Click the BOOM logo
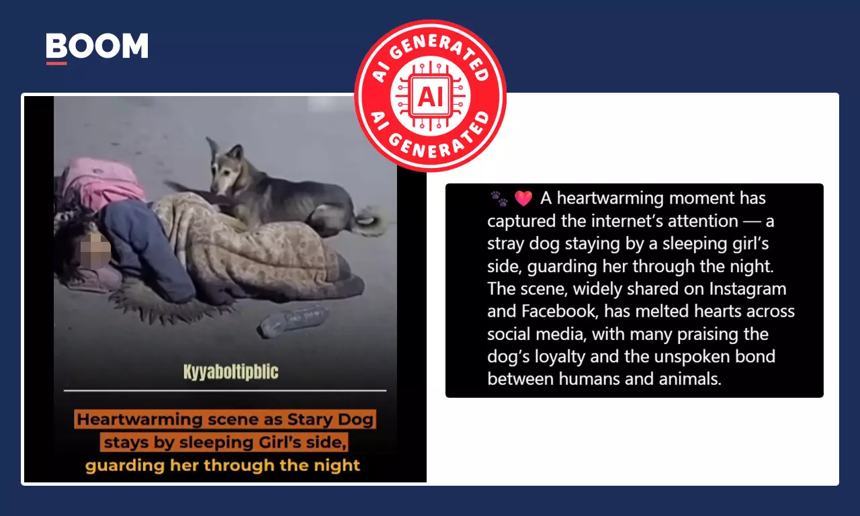[97, 46]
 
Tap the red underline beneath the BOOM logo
[56, 63]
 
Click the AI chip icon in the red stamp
[430, 96]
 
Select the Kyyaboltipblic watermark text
[230, 372]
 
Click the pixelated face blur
[94, 251]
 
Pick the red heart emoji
[523, 198]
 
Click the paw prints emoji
[499, 198]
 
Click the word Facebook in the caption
[560, 311]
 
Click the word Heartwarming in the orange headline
[139, 419]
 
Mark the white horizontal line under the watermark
[225, 390]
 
